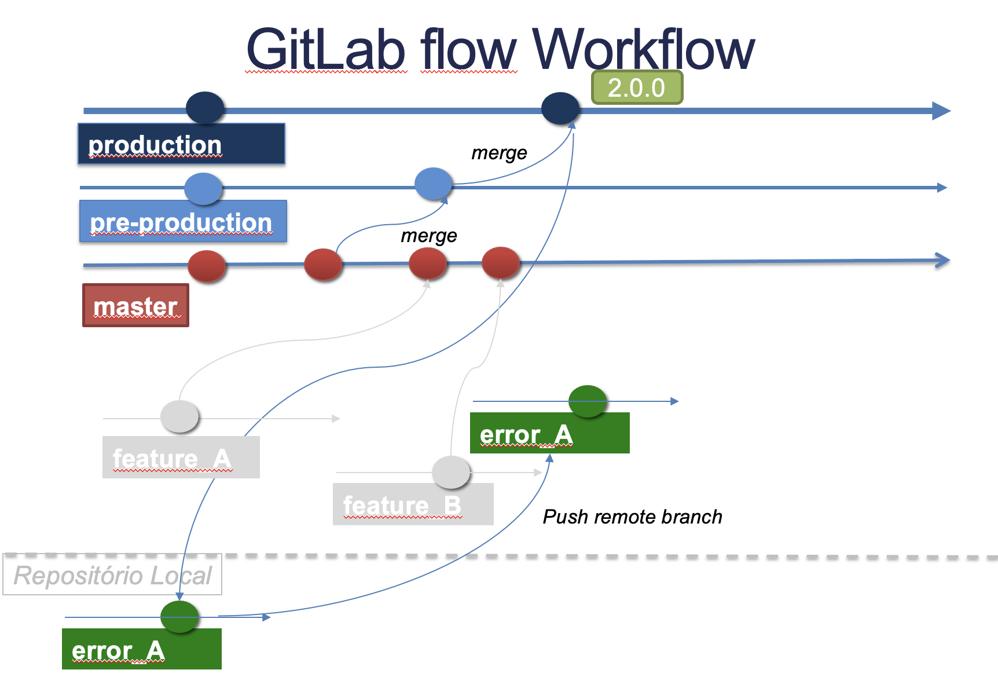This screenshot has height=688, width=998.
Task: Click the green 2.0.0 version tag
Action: (x=637, y=87)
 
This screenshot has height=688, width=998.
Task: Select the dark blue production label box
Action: (x=181, y=144)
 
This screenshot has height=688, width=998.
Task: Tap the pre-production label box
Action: (x=183, y=221)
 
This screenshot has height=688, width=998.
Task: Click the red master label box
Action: (x=135, y=305)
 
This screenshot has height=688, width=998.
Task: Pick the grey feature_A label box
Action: (x=181, y=458)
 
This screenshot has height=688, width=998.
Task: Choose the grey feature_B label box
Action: (x=413, y=504)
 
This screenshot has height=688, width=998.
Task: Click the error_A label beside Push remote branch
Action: (x=549, y=433)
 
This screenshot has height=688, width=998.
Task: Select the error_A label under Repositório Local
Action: (x=141, y=649)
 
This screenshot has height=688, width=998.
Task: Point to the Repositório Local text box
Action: (x=112, y=575)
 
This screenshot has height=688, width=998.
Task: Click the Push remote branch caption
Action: (x=632, y=517)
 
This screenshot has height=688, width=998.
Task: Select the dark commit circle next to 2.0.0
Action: (x=560, y=108)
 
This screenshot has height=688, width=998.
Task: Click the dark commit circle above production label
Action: (x=205, y=108)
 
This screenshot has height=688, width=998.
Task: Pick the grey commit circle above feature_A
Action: (x=179, y=416)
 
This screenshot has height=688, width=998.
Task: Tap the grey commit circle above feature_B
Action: (x=451, y=472)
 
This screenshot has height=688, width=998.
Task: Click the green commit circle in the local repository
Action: (x=179, y=617)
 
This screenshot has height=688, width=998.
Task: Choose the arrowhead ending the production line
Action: (x=941, y=111)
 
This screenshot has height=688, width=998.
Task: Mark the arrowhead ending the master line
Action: (x=942, y=260)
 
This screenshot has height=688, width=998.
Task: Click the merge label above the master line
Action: (x=428, y=236)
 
